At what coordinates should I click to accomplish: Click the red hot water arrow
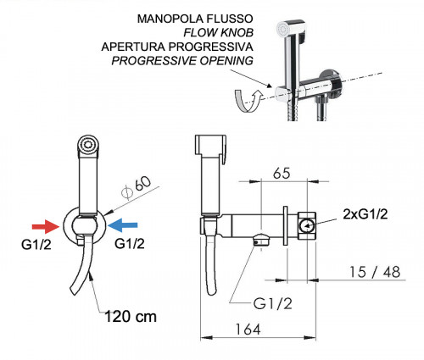point(45,226)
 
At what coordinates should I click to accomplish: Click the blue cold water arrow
point(123,225)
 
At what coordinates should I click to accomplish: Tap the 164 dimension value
point(248,330)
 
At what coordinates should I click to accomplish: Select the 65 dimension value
point(282,173)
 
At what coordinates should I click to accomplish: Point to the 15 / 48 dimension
point(375,272)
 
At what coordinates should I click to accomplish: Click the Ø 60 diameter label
point(136,187)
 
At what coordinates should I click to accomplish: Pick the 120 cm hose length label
point(131,316)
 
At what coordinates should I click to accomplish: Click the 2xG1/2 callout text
point(365,214)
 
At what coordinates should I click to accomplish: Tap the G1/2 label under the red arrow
point(36,245)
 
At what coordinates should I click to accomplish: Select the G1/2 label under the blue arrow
point(130,243)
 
